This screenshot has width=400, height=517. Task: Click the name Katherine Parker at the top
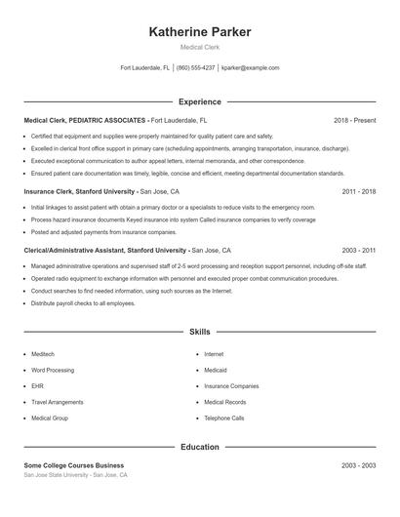(x=200, y=32)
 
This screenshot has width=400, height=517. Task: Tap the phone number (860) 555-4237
(x=196, y=68)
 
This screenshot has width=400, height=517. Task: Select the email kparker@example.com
(x=250, y=68)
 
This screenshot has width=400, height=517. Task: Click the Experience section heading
(x=200, y=101)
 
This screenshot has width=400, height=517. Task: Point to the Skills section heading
(x=200, y=333)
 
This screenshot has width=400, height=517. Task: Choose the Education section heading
(x=200, y=447)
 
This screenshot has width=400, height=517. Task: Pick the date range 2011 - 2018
(x=358, y=191)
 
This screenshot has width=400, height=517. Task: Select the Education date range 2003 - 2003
(x=358, y=465)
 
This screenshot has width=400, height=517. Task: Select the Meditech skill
(x=44, y=354)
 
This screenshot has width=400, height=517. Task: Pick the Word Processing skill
(x=52, y=370)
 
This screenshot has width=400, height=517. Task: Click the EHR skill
(x=37, y=386)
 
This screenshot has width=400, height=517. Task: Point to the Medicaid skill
(x=217, y=370)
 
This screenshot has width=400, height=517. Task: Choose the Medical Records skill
(x=223, y=402)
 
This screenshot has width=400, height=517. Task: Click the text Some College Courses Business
(x=74, y=465)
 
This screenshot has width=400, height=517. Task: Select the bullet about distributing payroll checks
(x=83, y=303)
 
